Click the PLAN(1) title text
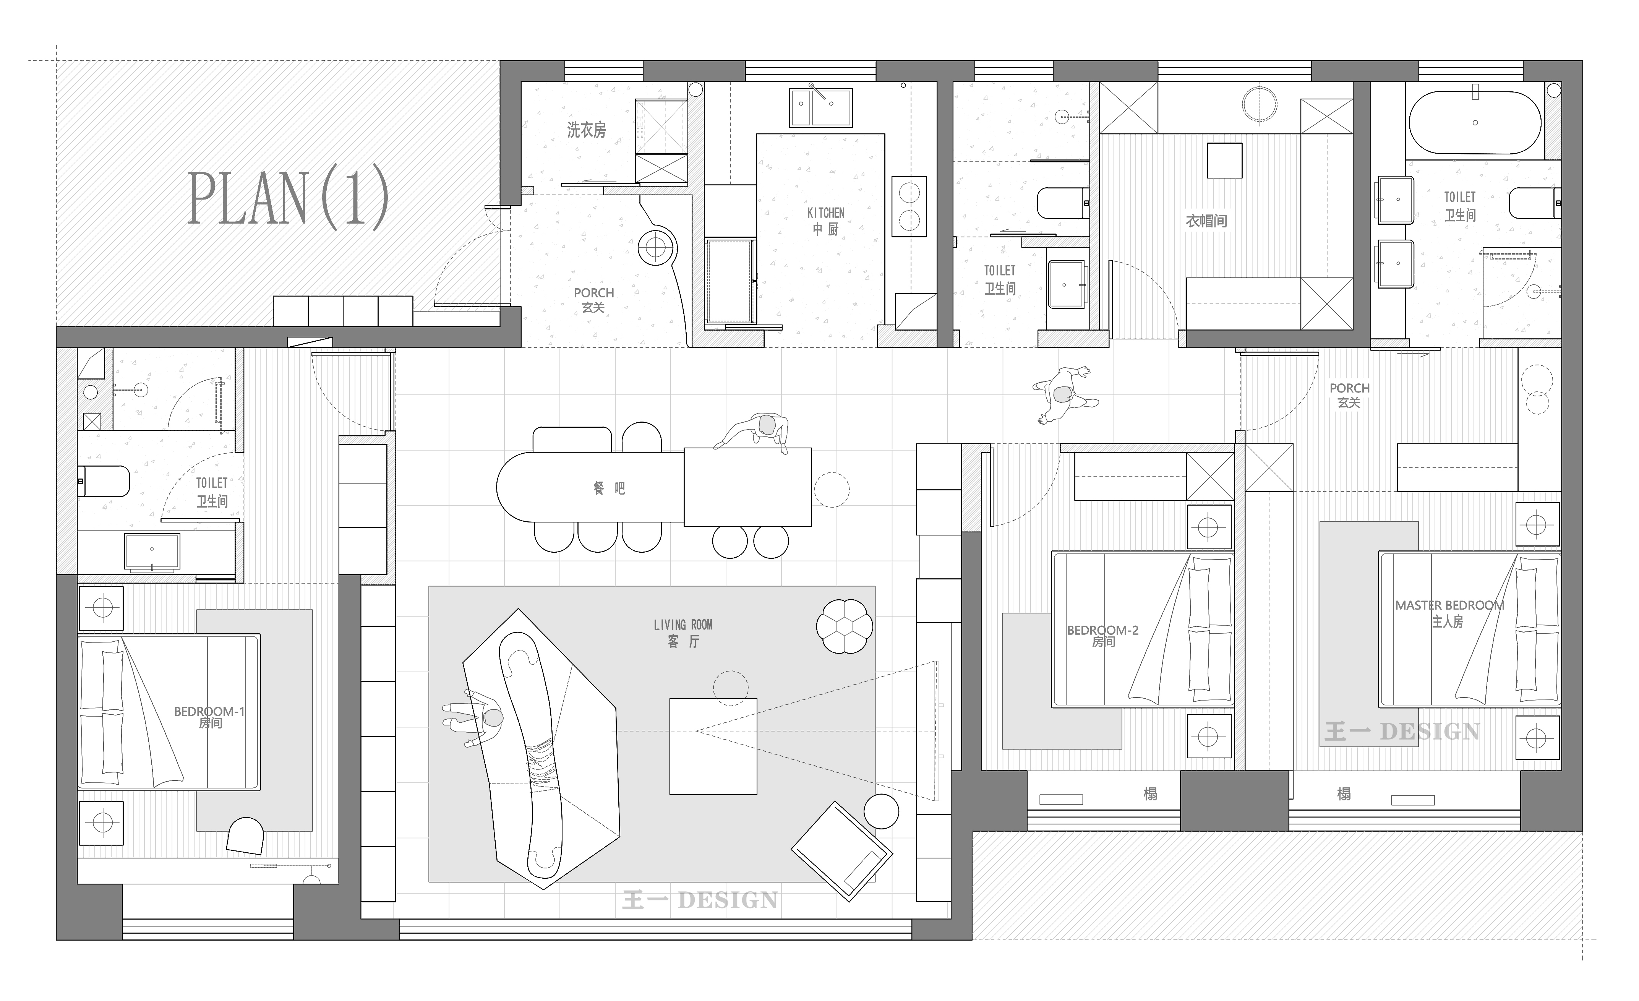tap(288, 198)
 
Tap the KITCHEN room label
tap(825, 213)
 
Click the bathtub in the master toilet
tap(1475, 122)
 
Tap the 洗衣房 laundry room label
tap(586, 130)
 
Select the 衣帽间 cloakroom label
tap(1206, 221)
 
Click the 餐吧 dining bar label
tap(609, 489)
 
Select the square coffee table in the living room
tap(713, 746)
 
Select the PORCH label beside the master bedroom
tap(1350, 388)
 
